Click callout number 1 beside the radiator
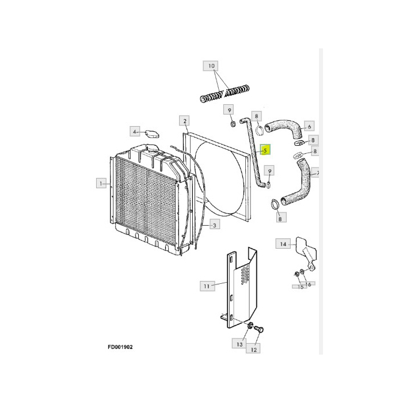pyautogui.click(x=101, y=183)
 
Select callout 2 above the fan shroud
pyautogui.click(x=185, y=120)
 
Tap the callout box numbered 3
pyautogui.click(x=214, y=225)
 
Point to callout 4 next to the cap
pyautogui.click(x=135, y=131)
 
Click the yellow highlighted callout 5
pyautogui.click(x=265, y=151)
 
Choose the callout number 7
pyautogui.click(x=318, y=173)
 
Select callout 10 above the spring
pyautogui.click(x=211, y=66)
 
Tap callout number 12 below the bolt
pyautogui.click(x=253, y=348)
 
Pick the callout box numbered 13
pyautogui.click(x=239, y=344)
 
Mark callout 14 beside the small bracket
pyautogui.click(x=283, y=244)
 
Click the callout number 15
pyautogui.click(x=300, y=286)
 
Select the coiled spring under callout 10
pyautogui.click(x=225, y=93)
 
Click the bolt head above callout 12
pyautogui.click(x=259, y=330)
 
